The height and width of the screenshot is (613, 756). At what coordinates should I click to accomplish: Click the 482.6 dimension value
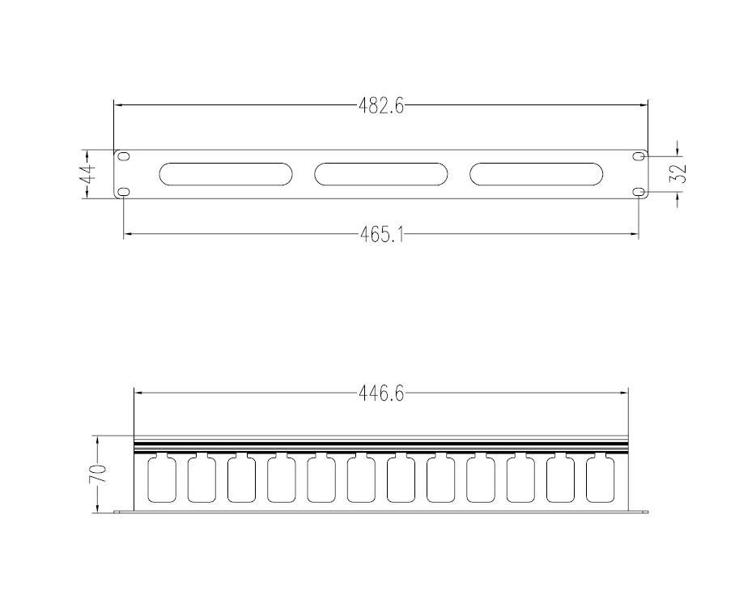[381, 105]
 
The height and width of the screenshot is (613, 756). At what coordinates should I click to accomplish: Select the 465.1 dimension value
[382, 235]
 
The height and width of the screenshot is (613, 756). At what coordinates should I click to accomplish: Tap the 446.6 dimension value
[381, 394]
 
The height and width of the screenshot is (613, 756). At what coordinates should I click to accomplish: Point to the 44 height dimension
[87, 174]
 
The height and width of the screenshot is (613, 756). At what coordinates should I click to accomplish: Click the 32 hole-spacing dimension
[678, 173]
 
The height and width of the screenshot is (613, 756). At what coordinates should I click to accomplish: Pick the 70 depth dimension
[97, 475]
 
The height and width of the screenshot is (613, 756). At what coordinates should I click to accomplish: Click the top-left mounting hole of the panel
[125, 155]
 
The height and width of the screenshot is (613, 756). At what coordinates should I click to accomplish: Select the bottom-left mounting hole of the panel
[125, 192]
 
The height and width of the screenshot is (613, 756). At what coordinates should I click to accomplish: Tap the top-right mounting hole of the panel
[639, 155]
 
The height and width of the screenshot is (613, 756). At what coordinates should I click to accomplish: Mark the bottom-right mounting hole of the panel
[639, 192]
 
